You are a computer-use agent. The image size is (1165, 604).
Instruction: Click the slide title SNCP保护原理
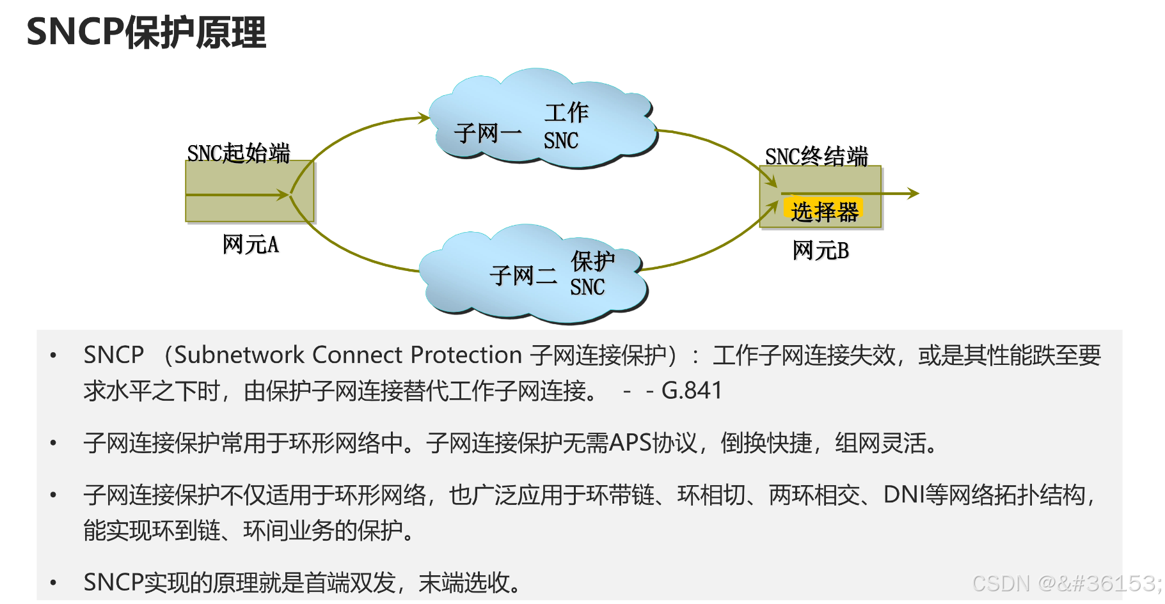click(146, 32)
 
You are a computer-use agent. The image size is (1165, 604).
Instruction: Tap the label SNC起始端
click(238, 153)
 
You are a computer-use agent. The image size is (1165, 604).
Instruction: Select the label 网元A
click(250, 245)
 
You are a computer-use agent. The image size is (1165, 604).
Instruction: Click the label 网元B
click(820, 251)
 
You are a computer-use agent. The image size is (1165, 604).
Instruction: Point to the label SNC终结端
click(816, 157)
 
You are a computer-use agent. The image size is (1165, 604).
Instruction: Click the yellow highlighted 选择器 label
click(824, 211)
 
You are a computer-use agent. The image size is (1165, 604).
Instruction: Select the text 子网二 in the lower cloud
click(523, 276)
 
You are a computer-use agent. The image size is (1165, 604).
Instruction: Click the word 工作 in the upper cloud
click(566, 113)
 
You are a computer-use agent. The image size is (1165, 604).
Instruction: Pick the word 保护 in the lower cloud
click(592, 261)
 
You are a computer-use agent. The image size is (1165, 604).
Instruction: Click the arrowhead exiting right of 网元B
click(914, 193)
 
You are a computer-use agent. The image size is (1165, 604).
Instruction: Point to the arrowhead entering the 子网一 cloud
click(424, 118)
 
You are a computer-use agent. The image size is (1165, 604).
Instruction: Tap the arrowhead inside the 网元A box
click(283, 194)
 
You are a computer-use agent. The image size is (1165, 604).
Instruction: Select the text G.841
click(692, 390)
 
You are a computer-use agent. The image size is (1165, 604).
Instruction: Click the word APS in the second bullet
click(630, 442)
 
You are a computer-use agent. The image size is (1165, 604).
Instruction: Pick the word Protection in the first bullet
click(466, 355)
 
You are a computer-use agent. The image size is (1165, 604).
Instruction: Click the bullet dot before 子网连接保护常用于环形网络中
click(54, 443)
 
